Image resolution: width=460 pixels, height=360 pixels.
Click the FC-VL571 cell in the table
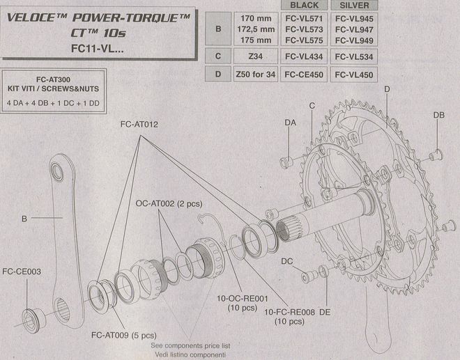[304, 19]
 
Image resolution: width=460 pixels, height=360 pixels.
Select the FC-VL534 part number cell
[354, 56]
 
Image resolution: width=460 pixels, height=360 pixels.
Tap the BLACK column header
[304, 6]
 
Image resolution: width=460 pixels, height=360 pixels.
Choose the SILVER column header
[354, 6]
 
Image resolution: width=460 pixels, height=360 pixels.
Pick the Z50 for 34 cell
[256, 75]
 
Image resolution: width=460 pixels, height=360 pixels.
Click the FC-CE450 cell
[304, 75]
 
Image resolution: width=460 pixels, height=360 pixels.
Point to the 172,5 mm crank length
[256, 29]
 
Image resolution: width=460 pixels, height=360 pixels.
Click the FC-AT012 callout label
[139, 125]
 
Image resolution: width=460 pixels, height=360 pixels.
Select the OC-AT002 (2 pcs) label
[169, 203]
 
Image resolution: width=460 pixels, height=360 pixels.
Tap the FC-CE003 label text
[22, 272]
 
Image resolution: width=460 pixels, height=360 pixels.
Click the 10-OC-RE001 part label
[243, 299]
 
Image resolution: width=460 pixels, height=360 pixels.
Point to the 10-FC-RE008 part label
[289, 312]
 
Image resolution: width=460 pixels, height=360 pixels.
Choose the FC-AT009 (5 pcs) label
[124, 335]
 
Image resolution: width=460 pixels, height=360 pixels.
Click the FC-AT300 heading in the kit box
[53, 79]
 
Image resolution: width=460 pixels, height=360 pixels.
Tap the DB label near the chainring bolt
[439, 115]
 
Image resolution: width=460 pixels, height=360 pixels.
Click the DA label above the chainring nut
[291, 123]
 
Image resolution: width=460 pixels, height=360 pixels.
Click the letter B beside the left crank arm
[24, 219]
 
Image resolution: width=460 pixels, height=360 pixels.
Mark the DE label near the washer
[325, 312]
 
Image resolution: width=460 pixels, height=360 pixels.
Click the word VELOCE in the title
[31, 17]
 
